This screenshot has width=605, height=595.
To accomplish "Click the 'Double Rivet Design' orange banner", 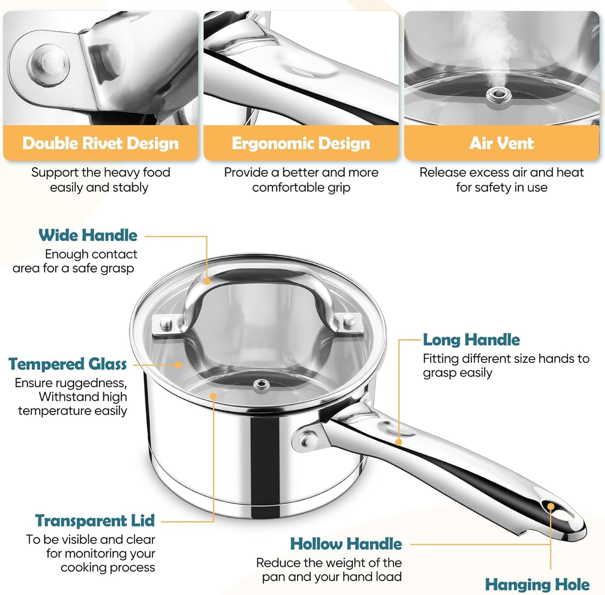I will (100, 144).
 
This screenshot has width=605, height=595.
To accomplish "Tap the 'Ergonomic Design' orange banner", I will (301, 144).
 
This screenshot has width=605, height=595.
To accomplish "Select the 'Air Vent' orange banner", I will (501, 144).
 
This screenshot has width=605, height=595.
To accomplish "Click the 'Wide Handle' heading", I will (88, 235).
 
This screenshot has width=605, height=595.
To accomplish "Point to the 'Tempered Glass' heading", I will (67, 364).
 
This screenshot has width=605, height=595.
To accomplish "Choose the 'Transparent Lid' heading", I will (95, 521).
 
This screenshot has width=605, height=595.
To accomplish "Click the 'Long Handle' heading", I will (471, 340).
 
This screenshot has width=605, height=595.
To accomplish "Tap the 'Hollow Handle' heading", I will (346, 544).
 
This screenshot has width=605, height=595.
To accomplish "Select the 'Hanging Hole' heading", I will (537, 585).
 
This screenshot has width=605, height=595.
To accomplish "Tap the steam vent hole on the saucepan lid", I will (262, 384).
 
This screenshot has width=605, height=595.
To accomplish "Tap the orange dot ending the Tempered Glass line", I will (178, 365).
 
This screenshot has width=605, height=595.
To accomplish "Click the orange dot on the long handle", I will (399, 442).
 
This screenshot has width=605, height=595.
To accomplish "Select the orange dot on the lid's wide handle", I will (207, 282).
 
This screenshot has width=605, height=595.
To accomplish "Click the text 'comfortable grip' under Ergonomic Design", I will (301, 187).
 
